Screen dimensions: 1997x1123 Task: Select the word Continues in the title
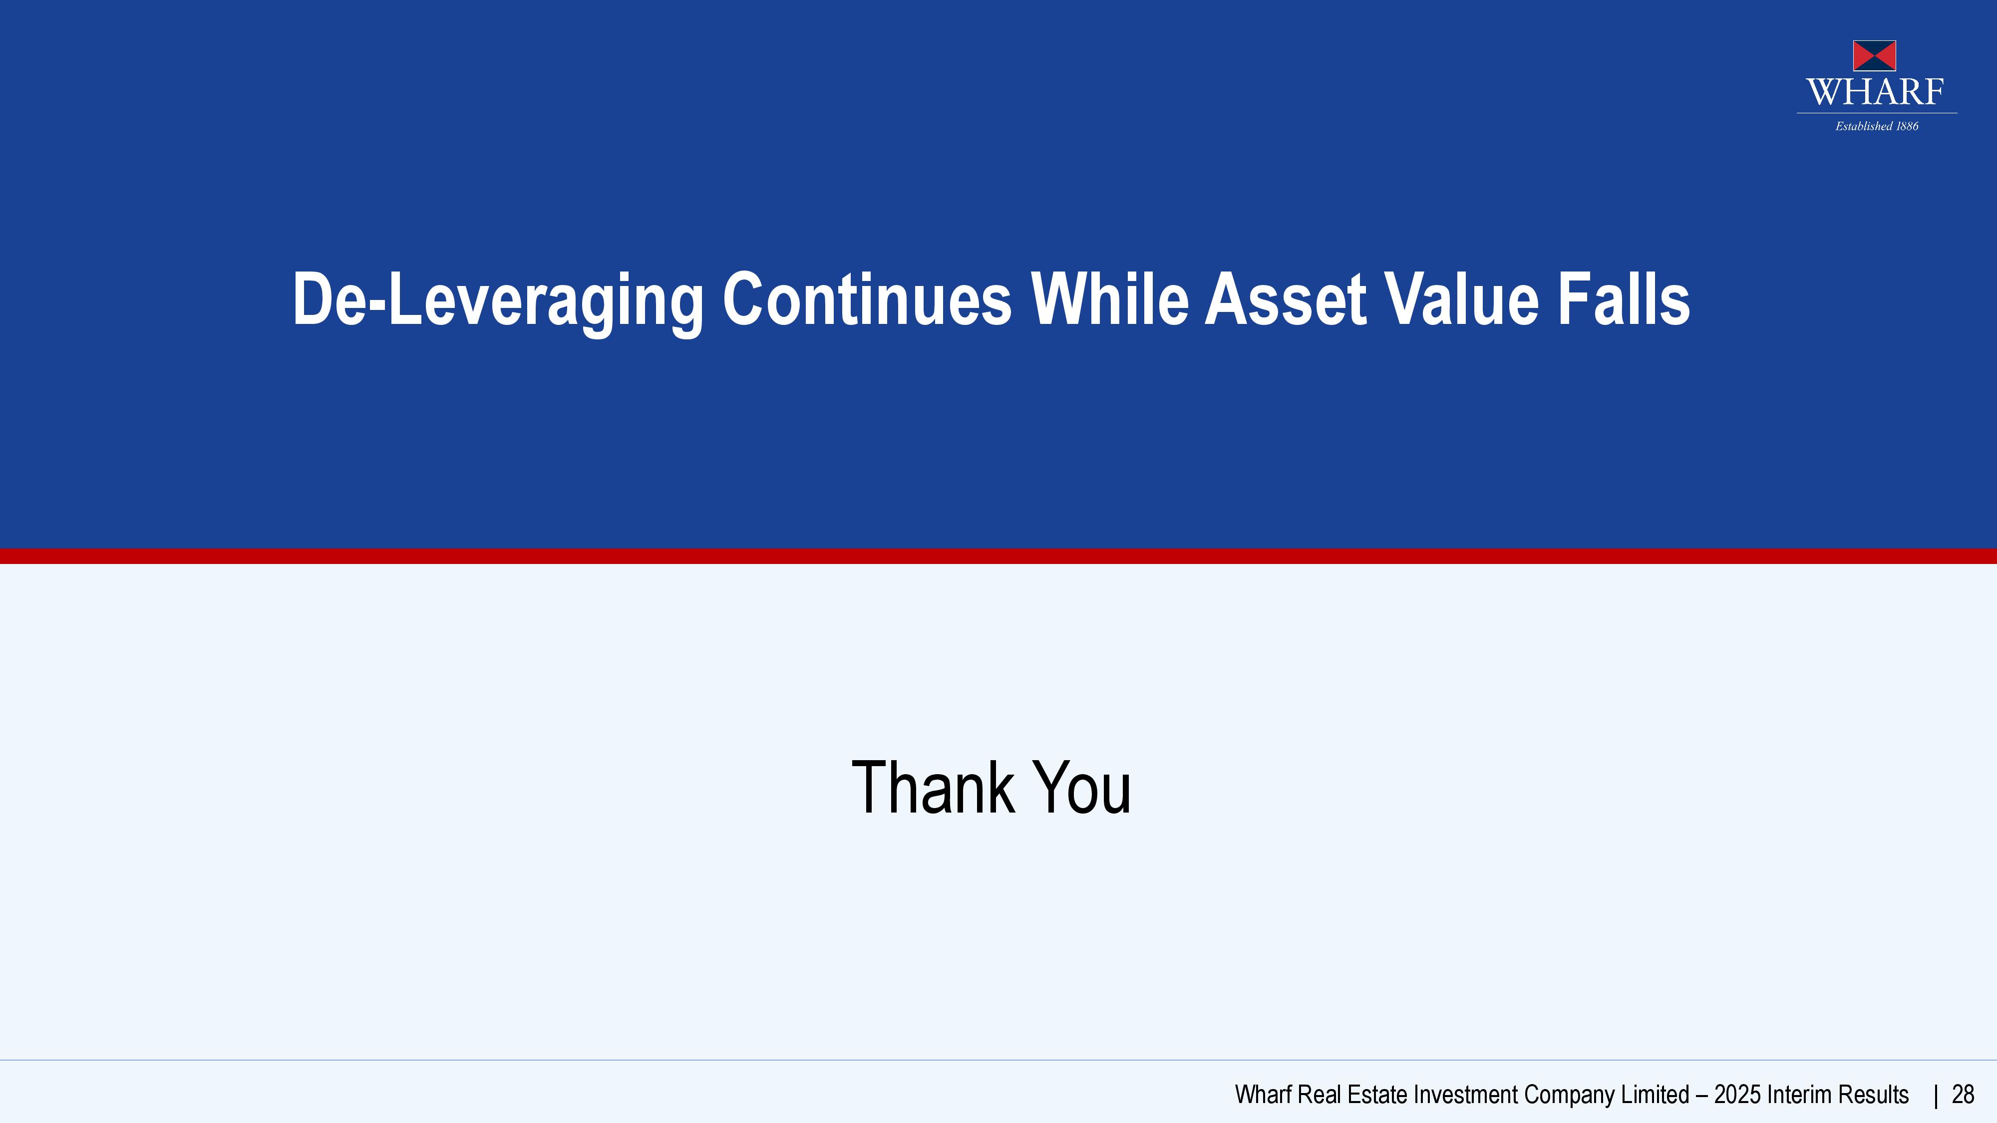(x=867, y=299)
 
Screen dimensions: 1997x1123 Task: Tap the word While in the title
(x=1109, y=298)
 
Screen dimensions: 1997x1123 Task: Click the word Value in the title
(x=1461, y=299)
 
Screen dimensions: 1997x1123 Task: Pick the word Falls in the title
(x=1624, y=298)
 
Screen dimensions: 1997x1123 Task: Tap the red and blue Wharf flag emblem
(x=1875, y=56)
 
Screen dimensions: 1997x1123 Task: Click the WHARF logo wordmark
(x=1875, y=92)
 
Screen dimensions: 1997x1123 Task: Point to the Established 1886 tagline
(x=1877, y=126)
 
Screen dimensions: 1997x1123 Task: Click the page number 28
(x=1963, y=1095)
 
